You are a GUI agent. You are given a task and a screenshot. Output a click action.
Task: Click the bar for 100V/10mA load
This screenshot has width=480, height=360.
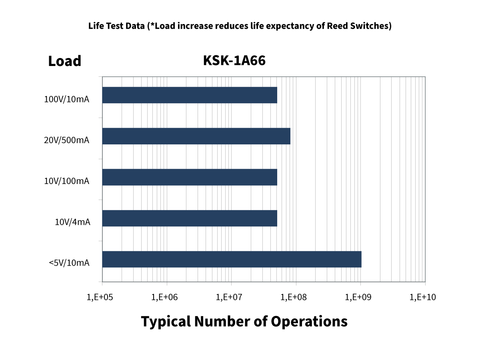coord(190,95)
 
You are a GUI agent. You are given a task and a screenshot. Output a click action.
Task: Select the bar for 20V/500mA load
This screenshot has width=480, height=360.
coord(196,136)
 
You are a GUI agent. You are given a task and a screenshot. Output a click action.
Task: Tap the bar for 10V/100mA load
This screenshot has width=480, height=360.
coord(190,177)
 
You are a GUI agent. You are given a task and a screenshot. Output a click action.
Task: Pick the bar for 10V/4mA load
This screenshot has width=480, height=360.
coord(190,218)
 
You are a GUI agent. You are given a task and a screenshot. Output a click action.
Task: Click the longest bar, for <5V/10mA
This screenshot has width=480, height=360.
coord(232,259)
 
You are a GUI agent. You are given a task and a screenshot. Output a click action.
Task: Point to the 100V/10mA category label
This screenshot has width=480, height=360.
coord(67,99)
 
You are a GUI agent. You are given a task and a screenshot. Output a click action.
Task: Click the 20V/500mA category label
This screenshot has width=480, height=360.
coord(67,140)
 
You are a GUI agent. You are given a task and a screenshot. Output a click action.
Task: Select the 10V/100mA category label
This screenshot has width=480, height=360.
coord(67,181)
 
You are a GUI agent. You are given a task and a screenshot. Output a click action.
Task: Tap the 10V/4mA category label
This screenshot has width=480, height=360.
coord(72,222)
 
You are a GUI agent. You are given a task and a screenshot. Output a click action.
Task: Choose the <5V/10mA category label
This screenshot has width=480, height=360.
coord(69,263)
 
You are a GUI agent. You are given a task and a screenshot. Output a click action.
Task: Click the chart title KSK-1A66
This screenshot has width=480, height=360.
coord(234,61)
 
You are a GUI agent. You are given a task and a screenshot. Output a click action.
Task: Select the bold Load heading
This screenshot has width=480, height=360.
coord(65,61)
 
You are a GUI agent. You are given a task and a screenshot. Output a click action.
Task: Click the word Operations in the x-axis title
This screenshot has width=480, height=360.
coord(309,322)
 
